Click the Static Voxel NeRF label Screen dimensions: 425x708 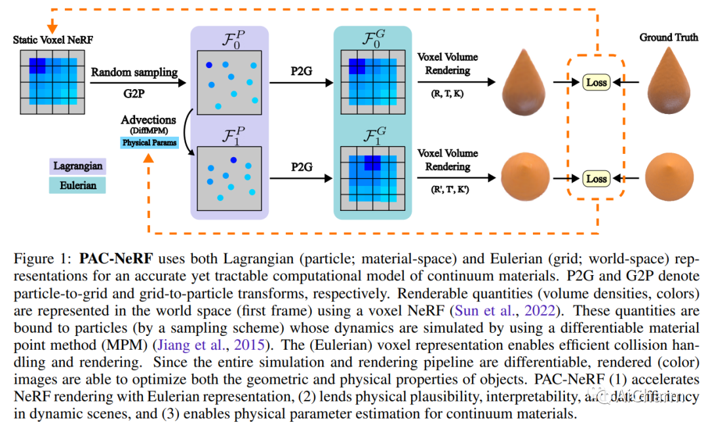click(x=53, y=41)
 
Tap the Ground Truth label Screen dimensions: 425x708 click(x=669, y=37)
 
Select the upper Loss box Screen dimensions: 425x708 click(x=597, y=83)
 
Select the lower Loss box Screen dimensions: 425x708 click(x=597, y=178)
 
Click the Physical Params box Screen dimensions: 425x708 click(x=149, y=142)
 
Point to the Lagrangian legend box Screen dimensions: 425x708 click(x=77, y=166)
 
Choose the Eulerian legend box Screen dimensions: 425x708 click(x=77, y=185)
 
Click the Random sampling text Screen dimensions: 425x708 click(x=134, y=72)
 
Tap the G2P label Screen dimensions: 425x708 click(x=134, y=94)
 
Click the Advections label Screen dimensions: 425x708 click(x=148, y=120)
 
